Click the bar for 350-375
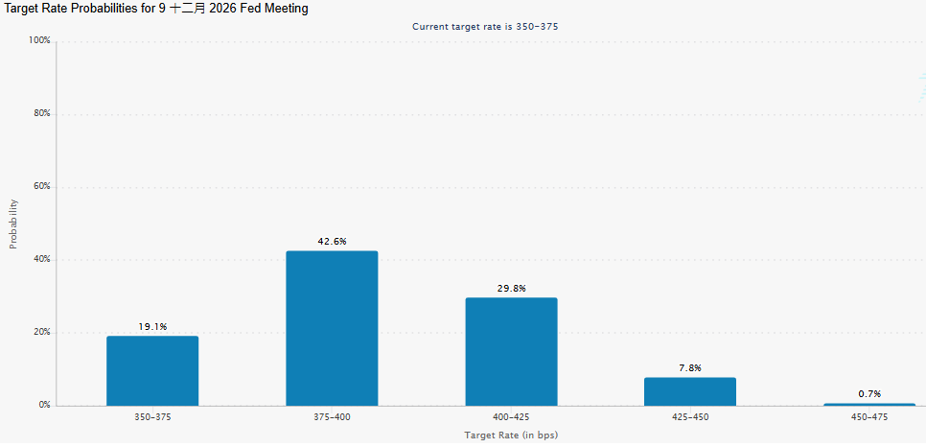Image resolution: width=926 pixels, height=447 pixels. [152, 370]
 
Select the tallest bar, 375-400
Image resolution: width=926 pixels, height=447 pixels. [332, 328]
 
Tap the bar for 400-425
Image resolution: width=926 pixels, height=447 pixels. [512, 351]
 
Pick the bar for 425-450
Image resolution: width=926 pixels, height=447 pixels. [690, 391]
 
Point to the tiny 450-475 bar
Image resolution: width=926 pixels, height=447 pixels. [869, 405]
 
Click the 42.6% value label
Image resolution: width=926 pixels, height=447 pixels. [332, 241]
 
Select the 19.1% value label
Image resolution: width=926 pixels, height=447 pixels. [153, 326]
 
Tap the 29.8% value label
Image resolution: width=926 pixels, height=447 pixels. [512, 288]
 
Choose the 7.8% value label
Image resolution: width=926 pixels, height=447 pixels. [690, 367]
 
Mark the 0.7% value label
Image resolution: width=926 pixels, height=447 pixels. [869, 394]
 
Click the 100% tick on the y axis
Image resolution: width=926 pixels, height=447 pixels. [39, 41]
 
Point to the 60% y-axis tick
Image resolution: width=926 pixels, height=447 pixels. [42, 187]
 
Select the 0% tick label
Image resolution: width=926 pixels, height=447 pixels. [45, 406]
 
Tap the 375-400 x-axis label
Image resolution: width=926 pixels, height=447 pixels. [332, 417]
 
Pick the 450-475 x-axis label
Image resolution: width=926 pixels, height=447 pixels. [869, 417]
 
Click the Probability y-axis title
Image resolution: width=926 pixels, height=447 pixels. [13, 224]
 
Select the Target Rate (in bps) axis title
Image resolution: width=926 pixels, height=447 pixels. [512, 435]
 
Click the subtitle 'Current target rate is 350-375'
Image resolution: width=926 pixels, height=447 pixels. [485, 27]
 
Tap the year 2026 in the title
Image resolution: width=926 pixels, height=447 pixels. [221, 9]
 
